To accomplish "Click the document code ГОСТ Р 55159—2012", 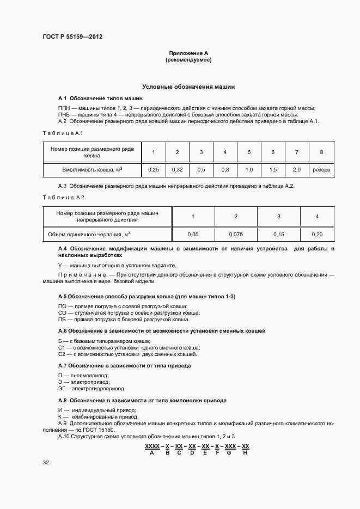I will coord(72,37).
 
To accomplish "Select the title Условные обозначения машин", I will coord(188,87).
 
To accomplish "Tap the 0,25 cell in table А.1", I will coord(154,170).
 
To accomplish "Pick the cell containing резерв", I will coord(321,170).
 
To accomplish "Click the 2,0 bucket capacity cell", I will coord(297,170).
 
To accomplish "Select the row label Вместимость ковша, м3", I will coord(92,170).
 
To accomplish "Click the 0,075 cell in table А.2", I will coord(236,234).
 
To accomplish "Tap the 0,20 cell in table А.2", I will coord(317,234).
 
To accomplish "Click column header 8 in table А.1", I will coord(321,152).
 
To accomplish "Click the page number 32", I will coord(46,462).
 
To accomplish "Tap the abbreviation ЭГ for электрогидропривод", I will coord(63,389).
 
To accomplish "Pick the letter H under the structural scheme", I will coord(245,452).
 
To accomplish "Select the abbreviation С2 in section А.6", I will coord(62,354).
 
